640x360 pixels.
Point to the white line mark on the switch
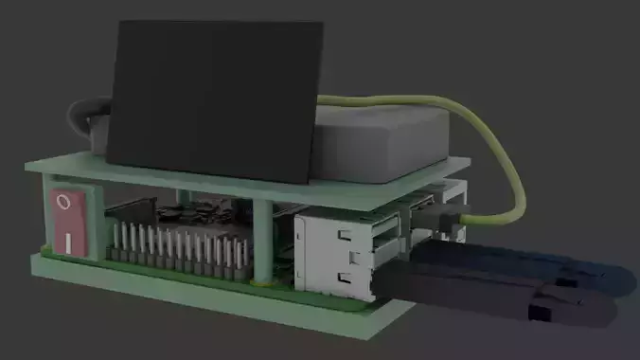click(x=69, y=243)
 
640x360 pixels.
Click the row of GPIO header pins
click(x=180, y=248)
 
